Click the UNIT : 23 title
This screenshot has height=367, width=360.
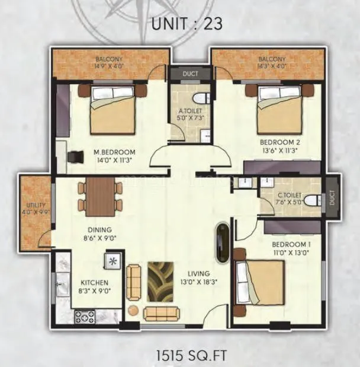point(181,24)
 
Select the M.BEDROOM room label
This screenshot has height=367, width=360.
point(114,152)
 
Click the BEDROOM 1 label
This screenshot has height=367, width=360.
point(291,244)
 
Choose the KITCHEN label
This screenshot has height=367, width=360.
point(94,283)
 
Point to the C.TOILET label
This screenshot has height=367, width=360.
point(289,195)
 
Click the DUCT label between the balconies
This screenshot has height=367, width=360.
point(189,75)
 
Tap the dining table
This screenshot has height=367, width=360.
point(99,196)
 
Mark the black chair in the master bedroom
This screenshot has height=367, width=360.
point(74,156)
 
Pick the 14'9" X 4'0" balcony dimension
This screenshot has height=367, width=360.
point(108,66)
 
